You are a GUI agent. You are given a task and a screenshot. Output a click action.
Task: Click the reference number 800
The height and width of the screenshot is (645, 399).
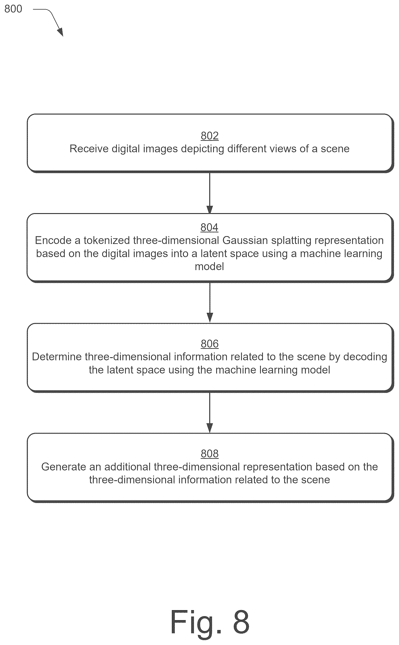pyautogui.click(x=13, y=9)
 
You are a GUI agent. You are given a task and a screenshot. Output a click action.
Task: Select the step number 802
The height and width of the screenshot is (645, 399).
pyautogui.click(x=209, y=136)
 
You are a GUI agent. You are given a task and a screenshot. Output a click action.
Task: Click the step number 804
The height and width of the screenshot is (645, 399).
pyautogui.click(x=209, y=227)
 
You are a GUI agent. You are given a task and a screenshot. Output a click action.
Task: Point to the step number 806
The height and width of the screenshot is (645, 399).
pyautogui.click(x=209, y=344)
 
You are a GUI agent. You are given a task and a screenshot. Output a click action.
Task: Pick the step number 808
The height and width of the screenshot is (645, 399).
pyautogui.click(x=209, y=453)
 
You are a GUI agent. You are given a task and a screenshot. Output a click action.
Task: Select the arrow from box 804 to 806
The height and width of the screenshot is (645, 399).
pyautogui.click(x=210, y=303)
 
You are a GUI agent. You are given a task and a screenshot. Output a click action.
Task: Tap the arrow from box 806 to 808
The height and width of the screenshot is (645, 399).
pyautogui.click(x=210, y=412)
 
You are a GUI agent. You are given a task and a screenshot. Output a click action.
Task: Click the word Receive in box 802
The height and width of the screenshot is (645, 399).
pyautogui.click(x=89, y=149)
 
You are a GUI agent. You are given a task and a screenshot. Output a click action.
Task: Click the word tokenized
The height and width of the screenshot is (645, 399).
pyautogui.click(x=107, y=241)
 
